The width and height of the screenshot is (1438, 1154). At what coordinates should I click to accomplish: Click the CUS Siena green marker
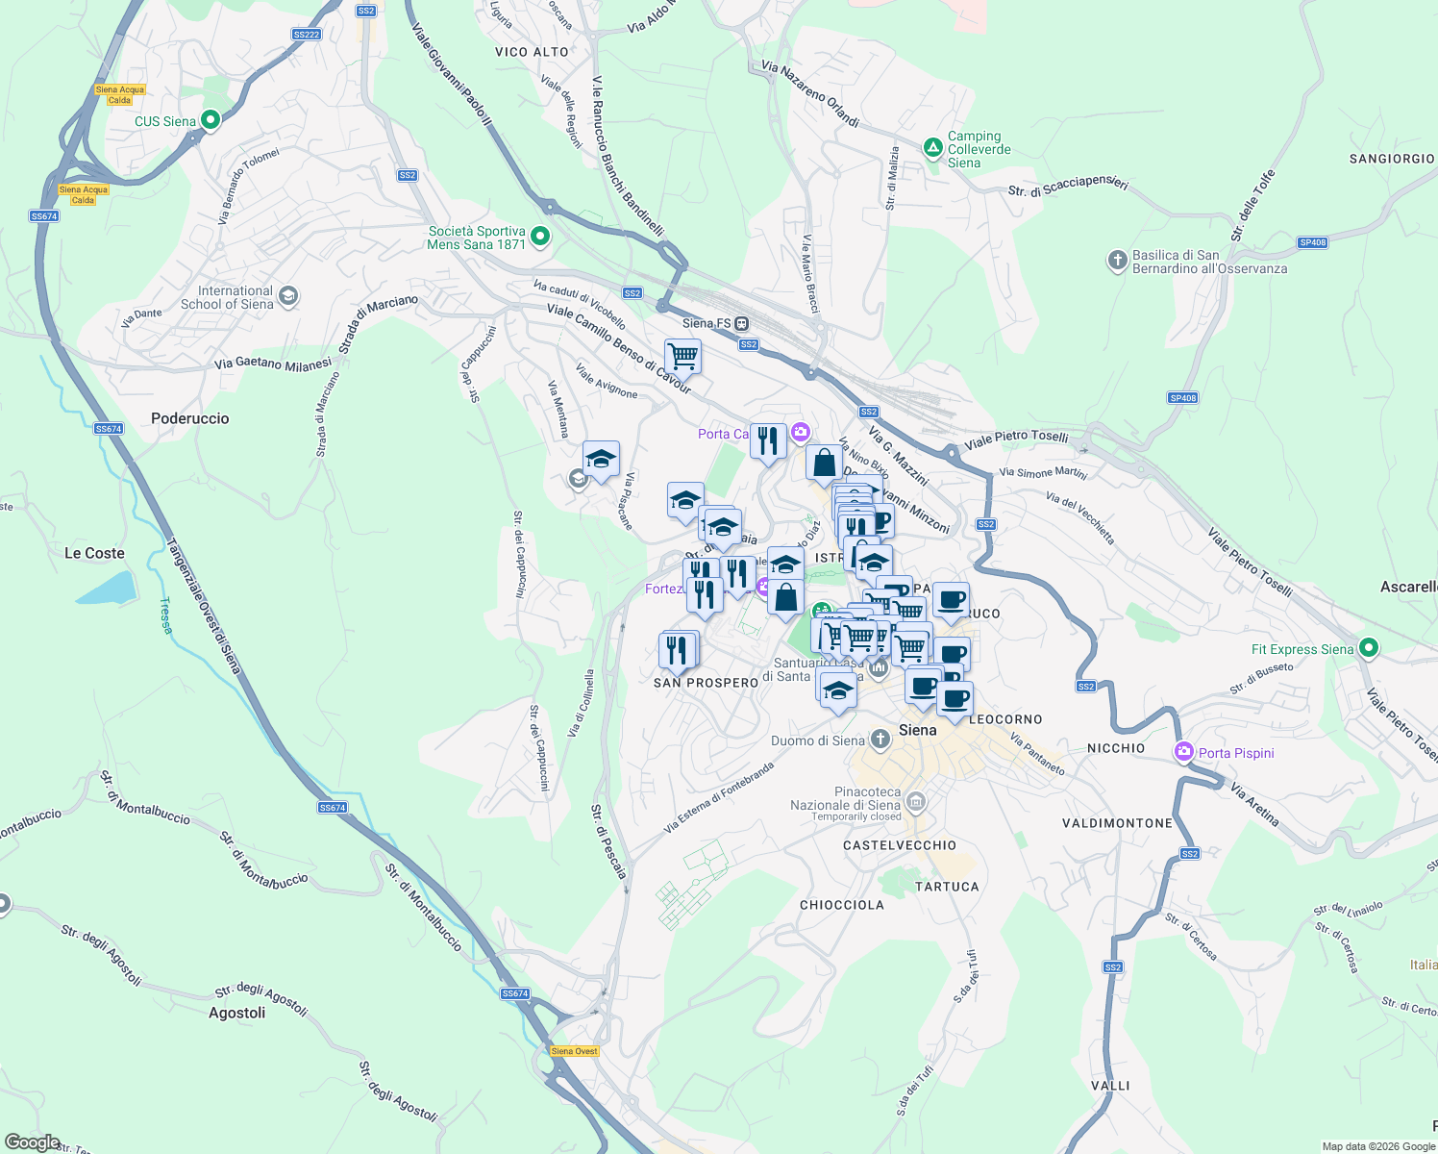click(211, 120)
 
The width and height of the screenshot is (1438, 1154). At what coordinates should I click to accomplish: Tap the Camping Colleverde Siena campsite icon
click(932, 148)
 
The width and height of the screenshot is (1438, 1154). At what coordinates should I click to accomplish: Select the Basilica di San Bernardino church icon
click(1117, 260)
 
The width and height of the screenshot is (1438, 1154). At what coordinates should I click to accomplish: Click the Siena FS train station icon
click(743, 324)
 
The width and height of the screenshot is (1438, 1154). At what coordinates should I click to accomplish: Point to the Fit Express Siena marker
click(1370, 648)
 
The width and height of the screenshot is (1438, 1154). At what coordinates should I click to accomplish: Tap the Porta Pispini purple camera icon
click(1184, 752)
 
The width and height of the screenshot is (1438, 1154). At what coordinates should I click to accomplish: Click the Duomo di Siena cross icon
click(880, 739)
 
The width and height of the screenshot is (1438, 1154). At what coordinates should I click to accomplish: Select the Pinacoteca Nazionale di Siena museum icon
click(916, 801)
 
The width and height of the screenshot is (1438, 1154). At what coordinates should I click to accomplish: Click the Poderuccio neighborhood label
click(190, 418)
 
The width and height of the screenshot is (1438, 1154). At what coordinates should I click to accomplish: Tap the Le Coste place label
click(94, 553)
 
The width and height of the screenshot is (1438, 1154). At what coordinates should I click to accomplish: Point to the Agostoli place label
click(236, 1013)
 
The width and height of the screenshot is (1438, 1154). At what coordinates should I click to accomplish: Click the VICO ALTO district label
click(532, 52)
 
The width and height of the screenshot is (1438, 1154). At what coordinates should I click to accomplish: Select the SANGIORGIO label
click(1391, 159)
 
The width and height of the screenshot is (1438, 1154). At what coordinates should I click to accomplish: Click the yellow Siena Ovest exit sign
click(575, 1051)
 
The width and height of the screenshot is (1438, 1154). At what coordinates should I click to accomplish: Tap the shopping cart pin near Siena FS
click(682, 356)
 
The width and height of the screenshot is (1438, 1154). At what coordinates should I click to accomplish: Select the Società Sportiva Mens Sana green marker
click(540, 236)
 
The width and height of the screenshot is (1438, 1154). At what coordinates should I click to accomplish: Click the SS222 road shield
click(306, 35)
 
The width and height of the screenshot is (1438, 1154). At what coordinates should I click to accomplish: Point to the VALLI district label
click(1110, 1086)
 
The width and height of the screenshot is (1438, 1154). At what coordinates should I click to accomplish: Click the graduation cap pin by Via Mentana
click(601, 459)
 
